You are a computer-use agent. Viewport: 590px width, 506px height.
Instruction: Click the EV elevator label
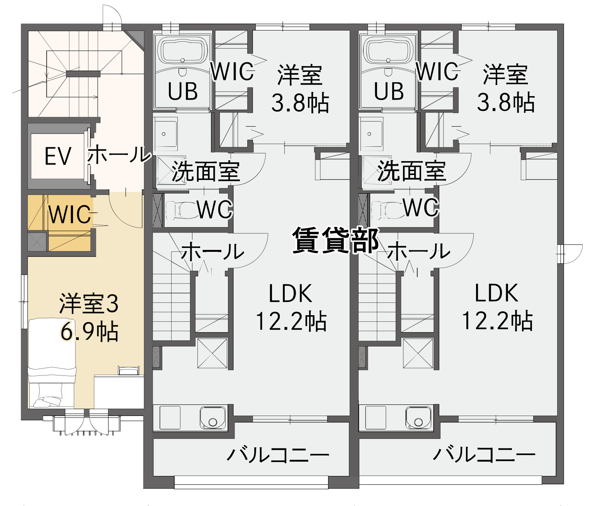(x=58, y=156)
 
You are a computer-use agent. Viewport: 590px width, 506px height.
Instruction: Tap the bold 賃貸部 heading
(x=335, y=240)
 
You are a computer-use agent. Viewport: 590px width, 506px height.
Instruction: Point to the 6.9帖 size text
(x=89, y=331)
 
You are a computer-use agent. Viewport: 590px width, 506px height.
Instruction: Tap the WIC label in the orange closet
(x=70, y=214)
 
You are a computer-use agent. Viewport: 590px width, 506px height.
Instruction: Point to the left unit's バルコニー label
(x=278, y=454)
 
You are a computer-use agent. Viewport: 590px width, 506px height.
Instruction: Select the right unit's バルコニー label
(x=484, y=454)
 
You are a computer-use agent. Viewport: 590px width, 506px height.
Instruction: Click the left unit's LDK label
(x=291, y=294)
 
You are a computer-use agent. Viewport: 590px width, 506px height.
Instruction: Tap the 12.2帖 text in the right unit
(x=497, y=321)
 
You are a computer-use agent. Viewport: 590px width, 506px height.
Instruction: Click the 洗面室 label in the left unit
(x=205, y=171)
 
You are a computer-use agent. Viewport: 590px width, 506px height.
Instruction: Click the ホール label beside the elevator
(x=119, y=154)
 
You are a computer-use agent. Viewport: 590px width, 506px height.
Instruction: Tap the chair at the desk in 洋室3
(x=129, y=370)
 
